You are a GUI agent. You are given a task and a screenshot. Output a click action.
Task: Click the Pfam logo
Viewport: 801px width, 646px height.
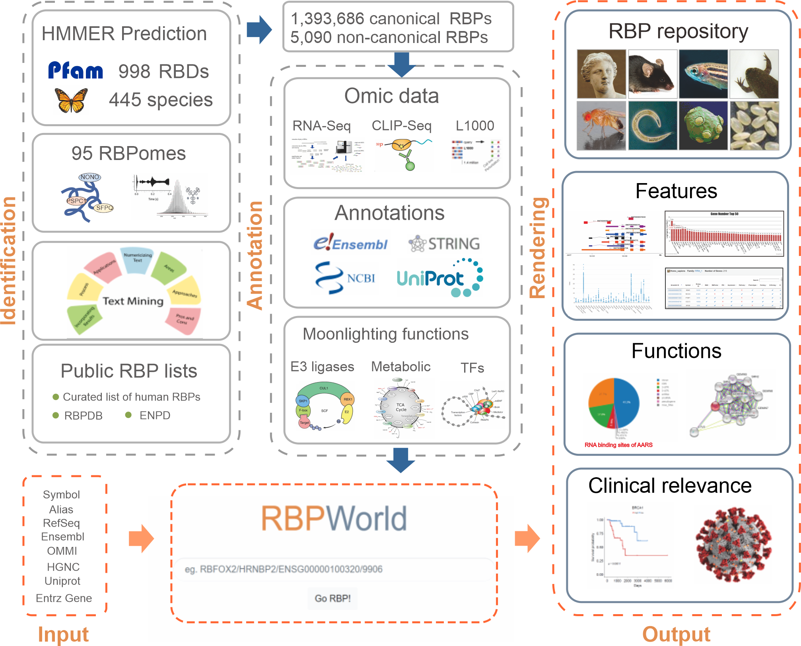76,70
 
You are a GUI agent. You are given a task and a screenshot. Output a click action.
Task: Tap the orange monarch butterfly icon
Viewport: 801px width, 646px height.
71,100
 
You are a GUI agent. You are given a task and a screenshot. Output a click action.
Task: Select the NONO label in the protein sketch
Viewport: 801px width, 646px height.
89,177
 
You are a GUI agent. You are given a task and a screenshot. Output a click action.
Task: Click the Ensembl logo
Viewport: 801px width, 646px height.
350,242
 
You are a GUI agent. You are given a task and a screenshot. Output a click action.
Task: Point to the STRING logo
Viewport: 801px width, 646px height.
444,244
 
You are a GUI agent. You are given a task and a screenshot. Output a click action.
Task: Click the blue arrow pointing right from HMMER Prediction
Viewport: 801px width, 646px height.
259,29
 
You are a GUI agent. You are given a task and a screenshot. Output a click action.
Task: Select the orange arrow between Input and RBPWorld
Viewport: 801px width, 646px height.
141,539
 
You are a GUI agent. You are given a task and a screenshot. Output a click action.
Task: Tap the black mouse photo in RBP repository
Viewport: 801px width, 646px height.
652,74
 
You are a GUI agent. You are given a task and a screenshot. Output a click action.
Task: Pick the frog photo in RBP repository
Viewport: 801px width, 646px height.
754,74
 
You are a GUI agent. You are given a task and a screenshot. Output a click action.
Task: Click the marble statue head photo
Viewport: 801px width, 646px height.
601,74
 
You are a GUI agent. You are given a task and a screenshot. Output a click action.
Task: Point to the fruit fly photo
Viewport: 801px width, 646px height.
601,125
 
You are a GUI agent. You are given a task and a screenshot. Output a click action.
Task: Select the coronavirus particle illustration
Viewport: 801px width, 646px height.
734,545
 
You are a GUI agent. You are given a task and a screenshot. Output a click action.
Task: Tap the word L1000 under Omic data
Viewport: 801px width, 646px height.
475,126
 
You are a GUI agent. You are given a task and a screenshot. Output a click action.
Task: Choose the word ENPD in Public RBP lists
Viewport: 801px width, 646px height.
155,415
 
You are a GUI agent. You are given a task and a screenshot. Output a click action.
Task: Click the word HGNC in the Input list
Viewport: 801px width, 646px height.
63,566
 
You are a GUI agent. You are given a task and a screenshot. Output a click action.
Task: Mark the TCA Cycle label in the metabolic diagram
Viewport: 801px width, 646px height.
400,407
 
